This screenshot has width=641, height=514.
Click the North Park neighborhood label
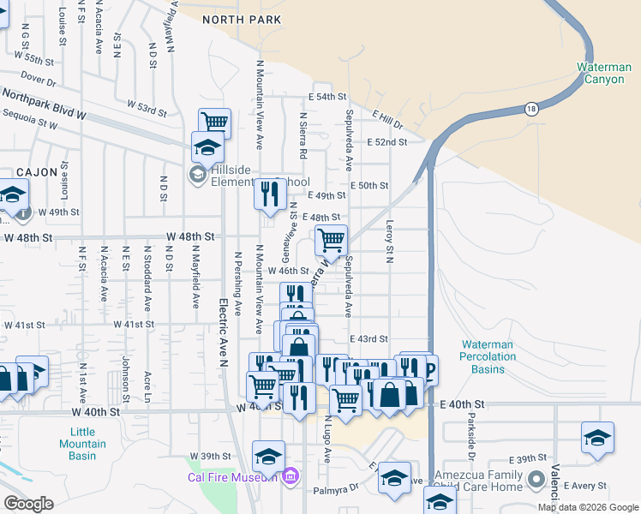[x=241, y=18]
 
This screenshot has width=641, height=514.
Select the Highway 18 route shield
[x=531, y=108]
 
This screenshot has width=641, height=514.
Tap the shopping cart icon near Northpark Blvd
[x=214, y=123]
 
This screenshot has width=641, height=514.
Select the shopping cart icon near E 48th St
[x=331, y=240]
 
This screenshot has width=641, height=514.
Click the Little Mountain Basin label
[x=83, y=444]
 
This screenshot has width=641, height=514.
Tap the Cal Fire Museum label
[x=233, y=476]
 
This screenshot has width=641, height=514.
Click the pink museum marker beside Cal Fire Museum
[x=291, y=475]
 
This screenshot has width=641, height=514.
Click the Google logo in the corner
[x=28, y=504]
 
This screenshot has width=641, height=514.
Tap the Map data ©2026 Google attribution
[x=588, y=507]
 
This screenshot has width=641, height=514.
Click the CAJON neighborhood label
[x=33, y=172]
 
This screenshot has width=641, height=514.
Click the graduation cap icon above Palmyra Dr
[x=394, y=477]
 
